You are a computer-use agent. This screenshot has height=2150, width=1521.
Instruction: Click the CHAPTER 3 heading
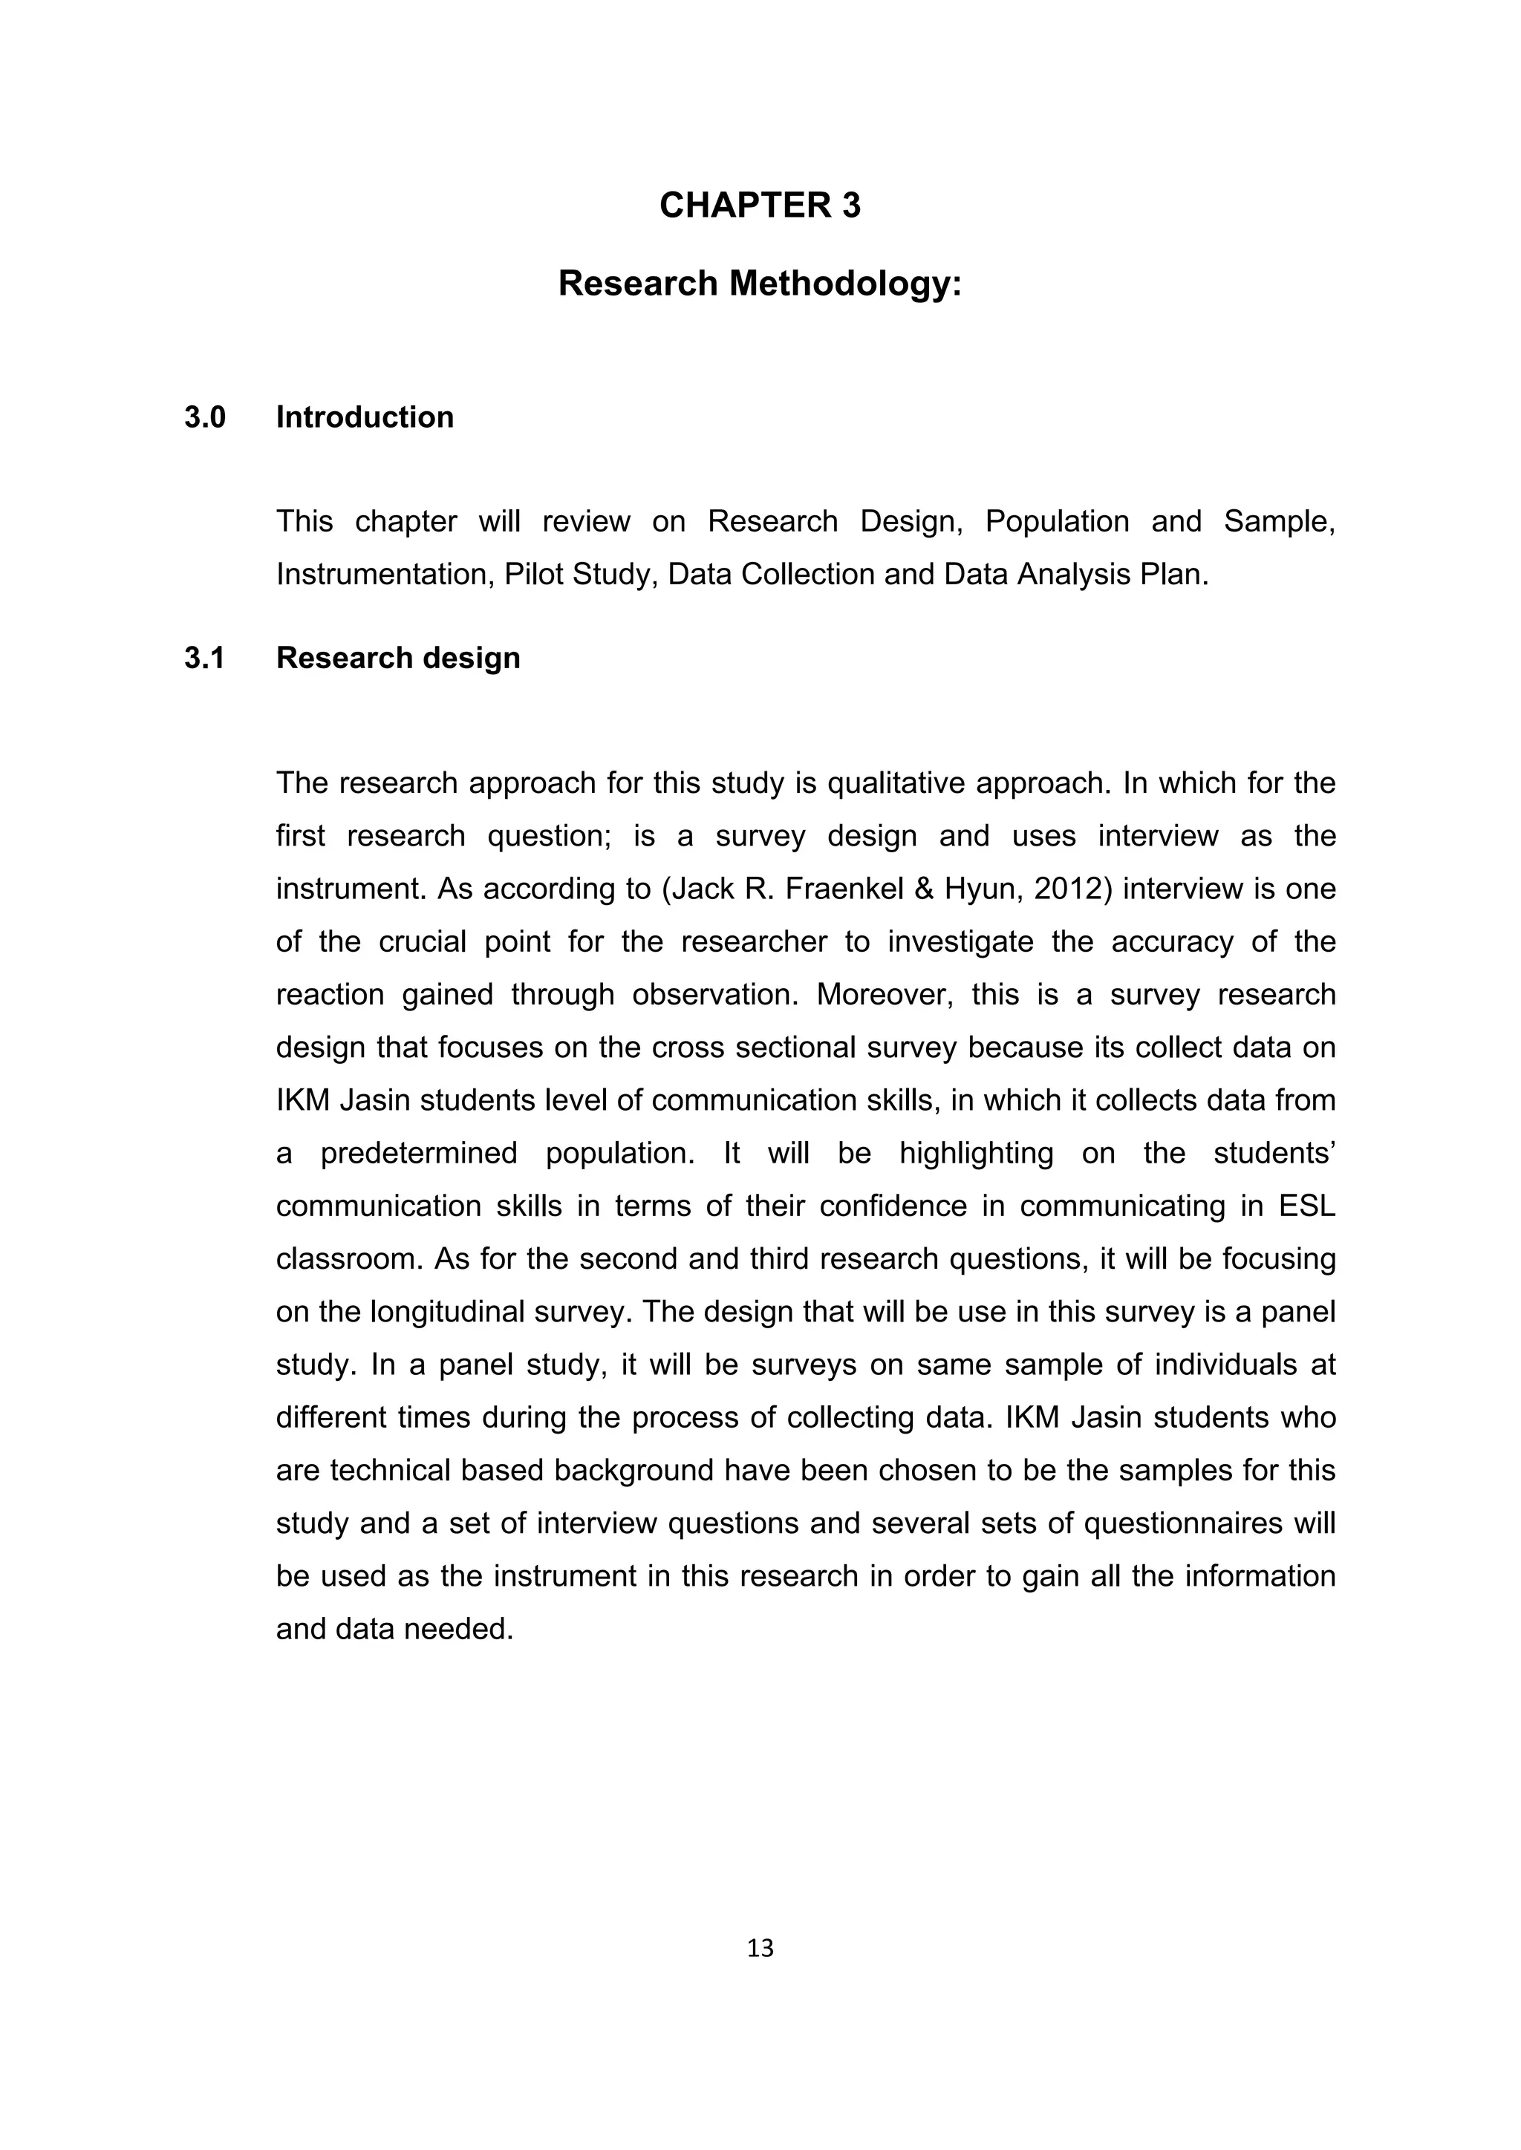pyautogui.click(x=760, y=206)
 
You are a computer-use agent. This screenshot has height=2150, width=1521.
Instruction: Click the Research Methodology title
pyautogui.click(x=760, y=284)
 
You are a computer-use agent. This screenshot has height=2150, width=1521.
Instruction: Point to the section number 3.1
pyautogui.click(x=205, y=659)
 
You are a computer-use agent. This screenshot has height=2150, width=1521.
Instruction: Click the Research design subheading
pyautogui.click(x=398, y=659)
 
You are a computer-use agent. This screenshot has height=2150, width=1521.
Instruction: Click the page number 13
pyautogui.click(x=760, y=1949)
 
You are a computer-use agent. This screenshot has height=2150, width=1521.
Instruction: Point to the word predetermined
pyautogui.click(x=419, y=1153)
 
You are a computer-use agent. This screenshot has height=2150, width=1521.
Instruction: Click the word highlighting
pyautogui.click(x=976, y=1153)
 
